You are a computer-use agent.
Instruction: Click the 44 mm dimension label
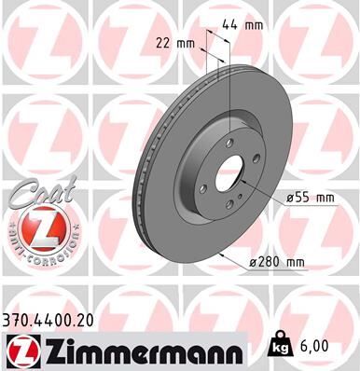(245, 26)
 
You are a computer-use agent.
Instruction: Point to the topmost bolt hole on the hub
(229, 144)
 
